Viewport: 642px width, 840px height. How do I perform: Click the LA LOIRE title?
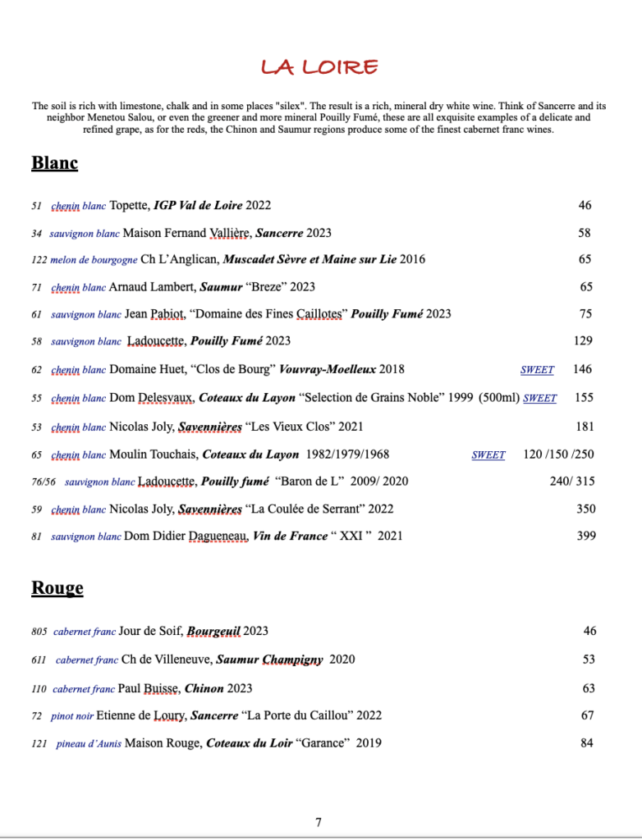tap(319, 66)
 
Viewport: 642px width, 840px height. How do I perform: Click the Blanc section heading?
tap(54, 162)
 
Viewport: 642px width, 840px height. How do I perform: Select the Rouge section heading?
tap(57, 587)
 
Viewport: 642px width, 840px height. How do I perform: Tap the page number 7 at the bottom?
tap(319, 822)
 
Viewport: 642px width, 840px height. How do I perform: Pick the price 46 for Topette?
tap(585, 205)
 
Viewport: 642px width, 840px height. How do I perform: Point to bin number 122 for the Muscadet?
tap(39, 260)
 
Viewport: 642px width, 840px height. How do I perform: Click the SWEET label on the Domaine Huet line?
tap(537, 370)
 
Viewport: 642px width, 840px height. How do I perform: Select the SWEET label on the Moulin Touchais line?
tap(488, 454)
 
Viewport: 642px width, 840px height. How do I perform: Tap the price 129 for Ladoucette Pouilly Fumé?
tap(583, 340)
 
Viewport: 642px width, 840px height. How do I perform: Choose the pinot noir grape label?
tap(72, 716)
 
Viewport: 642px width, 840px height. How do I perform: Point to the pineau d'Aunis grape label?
tap(89, 744)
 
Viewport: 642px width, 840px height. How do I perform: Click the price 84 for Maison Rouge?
tap(587, 743)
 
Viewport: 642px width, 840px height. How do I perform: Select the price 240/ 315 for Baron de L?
tap(572, 481)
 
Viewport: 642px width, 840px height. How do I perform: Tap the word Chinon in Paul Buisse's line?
tap(205, 688)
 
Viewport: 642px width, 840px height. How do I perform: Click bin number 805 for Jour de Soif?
tap(39, 632)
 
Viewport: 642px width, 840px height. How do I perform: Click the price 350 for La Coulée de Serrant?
tap(585, 509)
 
